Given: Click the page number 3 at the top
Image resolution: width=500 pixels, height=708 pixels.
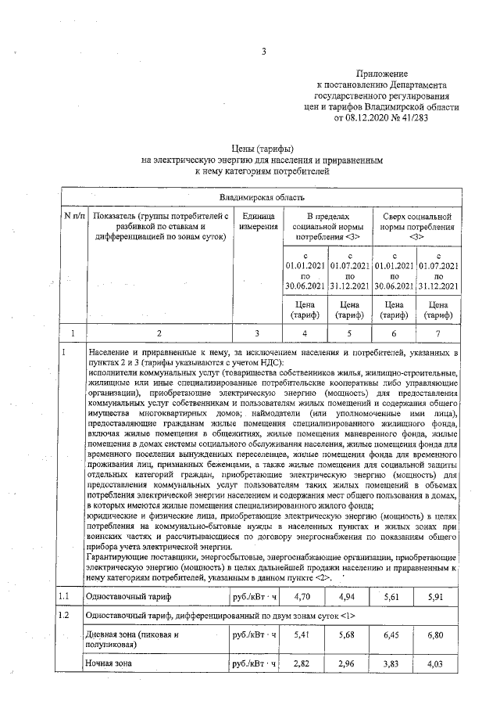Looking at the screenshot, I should tap(264, 52).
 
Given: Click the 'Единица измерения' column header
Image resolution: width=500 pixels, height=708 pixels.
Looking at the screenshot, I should tap(258, 221).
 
